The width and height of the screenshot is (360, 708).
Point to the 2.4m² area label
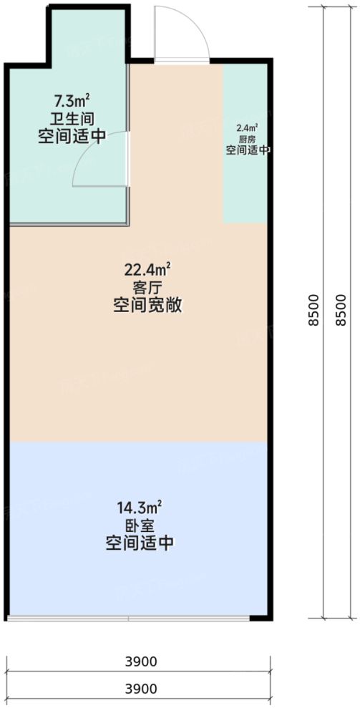click(247, 128)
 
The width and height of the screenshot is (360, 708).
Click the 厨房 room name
click(247, 139)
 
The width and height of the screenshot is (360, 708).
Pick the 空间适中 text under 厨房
click(248, 150)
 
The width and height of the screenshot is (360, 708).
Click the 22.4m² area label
click(148, 270)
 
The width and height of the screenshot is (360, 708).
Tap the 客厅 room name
click(148, 288)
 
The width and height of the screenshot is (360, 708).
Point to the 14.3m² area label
click(139, 508)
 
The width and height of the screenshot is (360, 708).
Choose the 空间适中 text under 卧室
click(139, 543)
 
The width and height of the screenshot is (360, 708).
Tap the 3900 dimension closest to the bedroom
click(140, 661)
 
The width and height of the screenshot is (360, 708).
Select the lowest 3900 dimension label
click(140, 689)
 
